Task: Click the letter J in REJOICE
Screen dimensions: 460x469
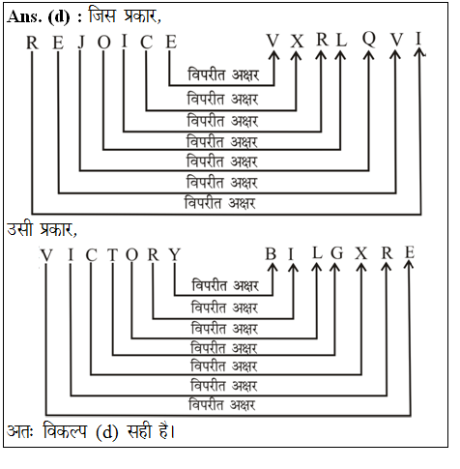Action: [82, 43]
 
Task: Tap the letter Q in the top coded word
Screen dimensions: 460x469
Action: [369, 40]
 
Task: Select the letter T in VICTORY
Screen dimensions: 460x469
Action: [113, 255]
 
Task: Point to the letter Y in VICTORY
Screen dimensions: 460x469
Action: [175, 255]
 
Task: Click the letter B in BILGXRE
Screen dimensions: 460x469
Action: [271, 254]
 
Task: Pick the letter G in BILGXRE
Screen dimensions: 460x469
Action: [337, 253]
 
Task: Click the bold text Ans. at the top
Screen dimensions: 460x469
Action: [24, 16]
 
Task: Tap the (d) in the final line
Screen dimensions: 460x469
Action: [107, 432]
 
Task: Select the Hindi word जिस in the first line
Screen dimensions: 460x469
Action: [102, 15]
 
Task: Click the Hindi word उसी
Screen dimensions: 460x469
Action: [20, 228]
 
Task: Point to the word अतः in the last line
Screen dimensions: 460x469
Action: [20, 431]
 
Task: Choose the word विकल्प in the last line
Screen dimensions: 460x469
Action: [65, 430]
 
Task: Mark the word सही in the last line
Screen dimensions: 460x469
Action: [139, 430]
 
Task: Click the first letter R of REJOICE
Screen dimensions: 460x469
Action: [32, 43]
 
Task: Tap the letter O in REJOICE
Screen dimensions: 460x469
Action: [104, 43]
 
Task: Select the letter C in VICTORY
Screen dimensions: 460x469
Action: [91, 255]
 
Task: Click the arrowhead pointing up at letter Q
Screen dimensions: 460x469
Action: [369, 55]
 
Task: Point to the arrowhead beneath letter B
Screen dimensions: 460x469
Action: [273, 268]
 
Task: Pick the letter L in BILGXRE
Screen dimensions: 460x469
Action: [317, 252]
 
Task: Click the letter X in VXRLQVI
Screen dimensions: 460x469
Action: [297, 42]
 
